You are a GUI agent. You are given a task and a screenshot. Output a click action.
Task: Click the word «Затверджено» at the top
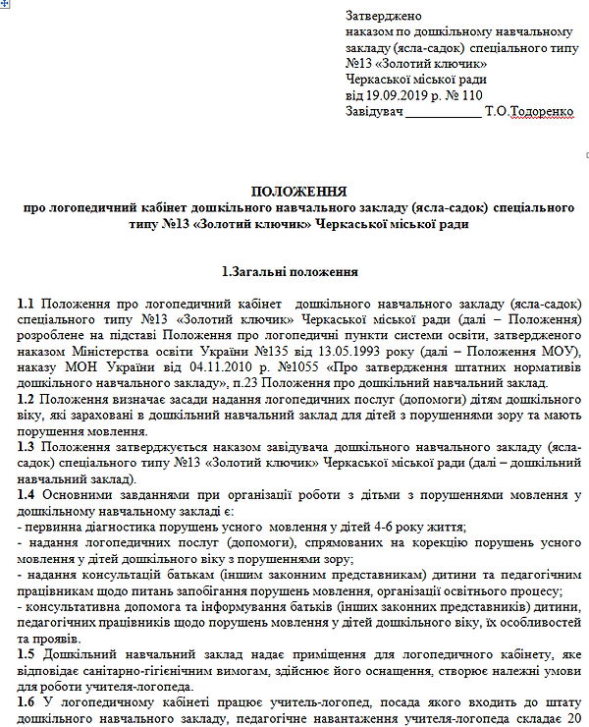384,17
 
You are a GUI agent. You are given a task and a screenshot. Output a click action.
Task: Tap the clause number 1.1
27,303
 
